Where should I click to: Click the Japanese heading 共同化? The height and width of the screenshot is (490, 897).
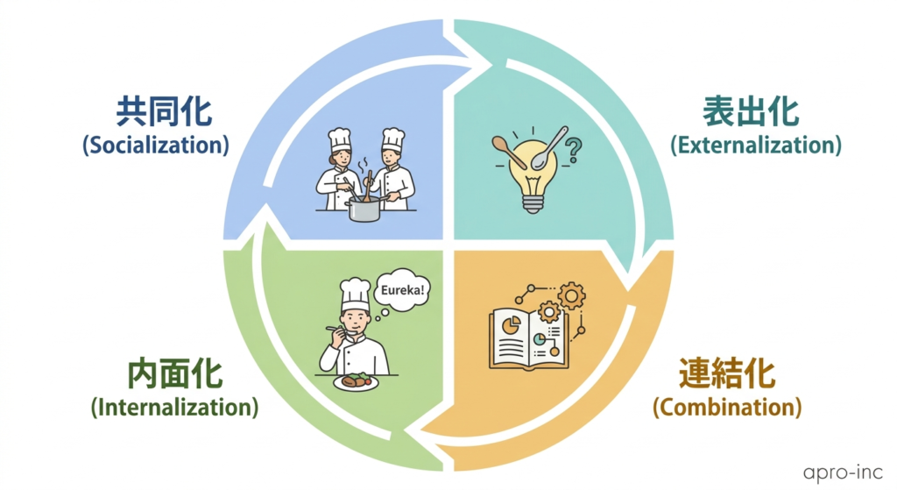164,112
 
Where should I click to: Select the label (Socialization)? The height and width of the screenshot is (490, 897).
156,145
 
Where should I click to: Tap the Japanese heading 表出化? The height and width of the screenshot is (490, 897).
751,112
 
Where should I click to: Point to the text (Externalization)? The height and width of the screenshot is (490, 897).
755,145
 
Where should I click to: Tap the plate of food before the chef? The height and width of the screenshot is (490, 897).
356,381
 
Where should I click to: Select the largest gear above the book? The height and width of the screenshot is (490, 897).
571,297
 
